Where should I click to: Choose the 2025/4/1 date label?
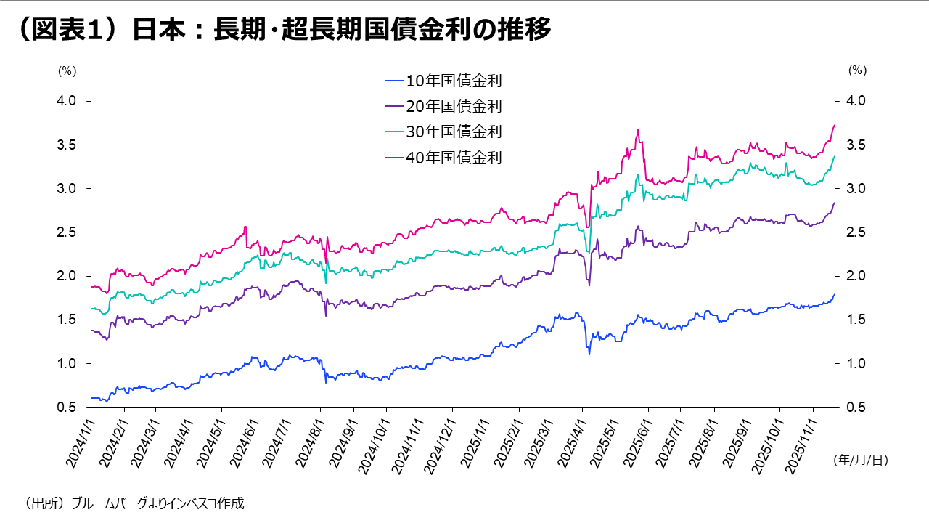568,440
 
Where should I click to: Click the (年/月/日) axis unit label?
861,460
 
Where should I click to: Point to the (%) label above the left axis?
67,70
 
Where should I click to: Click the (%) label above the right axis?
857,70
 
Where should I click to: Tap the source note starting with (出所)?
130,503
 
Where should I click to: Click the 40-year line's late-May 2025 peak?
638,130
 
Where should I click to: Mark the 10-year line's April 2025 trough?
589,354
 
